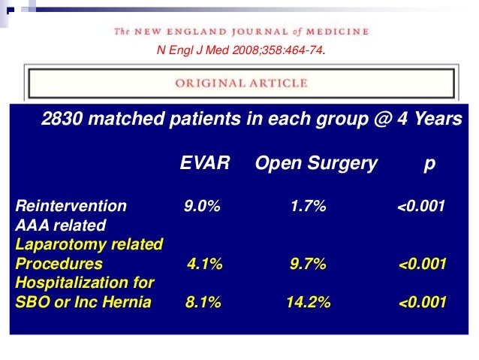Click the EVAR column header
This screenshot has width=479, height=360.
pyautogui.click(x=204, y=163)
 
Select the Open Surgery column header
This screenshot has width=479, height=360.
pyautogui.click(x=316, y=163)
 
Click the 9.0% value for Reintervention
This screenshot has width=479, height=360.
pyautogui.click(x=203, y=206)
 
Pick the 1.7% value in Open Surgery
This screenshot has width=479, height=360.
pyautogui.click(x=309, y=206)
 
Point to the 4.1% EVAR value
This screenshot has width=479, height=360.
pyautogui.click(x=204, y=264)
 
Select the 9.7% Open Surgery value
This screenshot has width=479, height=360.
pyautogui.click(x=309, y=264)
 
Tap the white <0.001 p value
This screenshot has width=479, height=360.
pyautogui.click(x=421, y=206)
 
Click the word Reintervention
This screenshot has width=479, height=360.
pyautogui.click(x=71, y=206)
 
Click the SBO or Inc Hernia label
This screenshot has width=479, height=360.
pyautogui.click(x=83, y=303)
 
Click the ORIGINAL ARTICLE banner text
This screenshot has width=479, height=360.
pyautogui.click(x=241, y=83)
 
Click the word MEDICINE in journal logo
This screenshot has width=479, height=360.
pyautogui.click(x=339, y=32)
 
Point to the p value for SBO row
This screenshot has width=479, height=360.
pyautogui.click(x=423, y=303)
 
